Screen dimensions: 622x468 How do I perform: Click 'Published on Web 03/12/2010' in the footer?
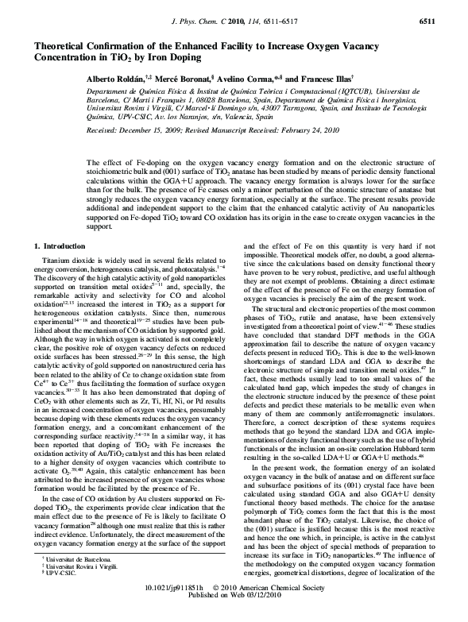tap(234, 616)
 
